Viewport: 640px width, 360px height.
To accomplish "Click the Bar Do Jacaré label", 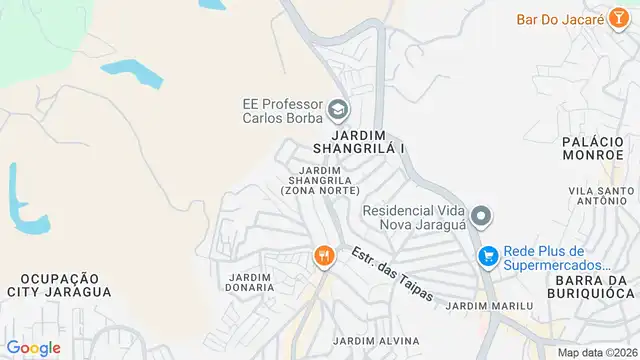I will pos(561,19).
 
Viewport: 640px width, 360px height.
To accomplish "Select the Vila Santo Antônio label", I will pos(599,197).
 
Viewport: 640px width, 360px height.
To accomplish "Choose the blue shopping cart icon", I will pos(487,257).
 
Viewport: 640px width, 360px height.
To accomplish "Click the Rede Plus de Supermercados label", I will pos(558,257).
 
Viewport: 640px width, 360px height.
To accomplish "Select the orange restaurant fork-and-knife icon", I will pos(323,257).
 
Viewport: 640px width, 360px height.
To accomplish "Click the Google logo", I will pos(33,347).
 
